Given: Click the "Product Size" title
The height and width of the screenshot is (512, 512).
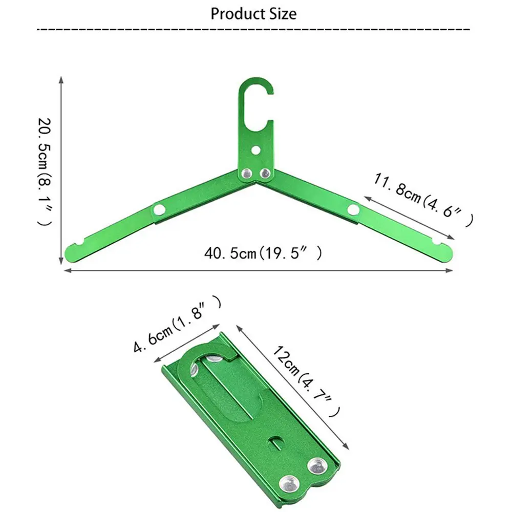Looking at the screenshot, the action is tap(253, 14).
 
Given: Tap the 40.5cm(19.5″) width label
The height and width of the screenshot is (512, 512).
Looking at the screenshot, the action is tap(263, 253).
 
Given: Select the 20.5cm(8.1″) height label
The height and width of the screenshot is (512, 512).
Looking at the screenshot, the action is tap(45, 172).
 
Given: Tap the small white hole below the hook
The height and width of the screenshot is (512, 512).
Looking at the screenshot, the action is tap(257, 150).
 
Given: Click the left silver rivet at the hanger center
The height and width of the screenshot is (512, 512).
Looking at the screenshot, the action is tap(247, 174).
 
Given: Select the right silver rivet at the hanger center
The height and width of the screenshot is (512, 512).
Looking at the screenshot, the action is tap(265, 174).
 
